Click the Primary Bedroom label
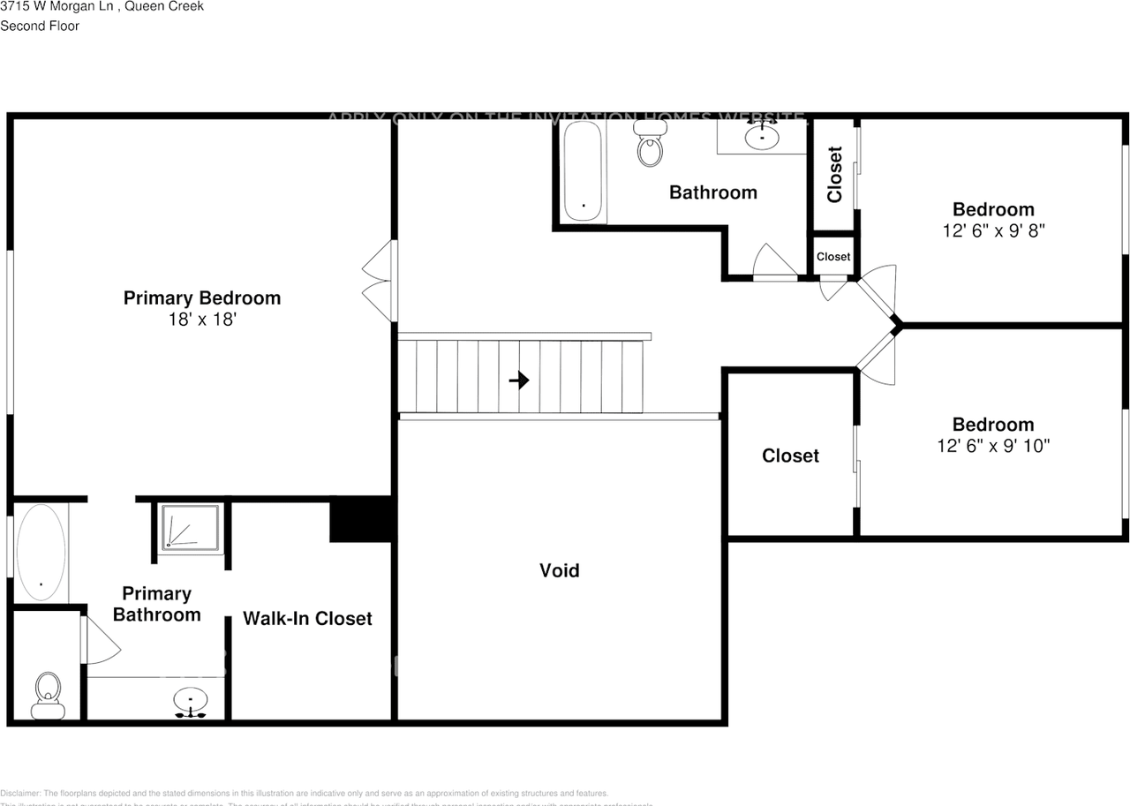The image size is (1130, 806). pos(201,298)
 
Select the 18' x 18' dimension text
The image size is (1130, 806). pos(201,320)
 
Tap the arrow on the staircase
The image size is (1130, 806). pos(519,380)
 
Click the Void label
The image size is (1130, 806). pos(560,571)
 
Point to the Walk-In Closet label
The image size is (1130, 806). pos(307,619)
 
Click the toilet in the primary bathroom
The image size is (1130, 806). pos(47,694)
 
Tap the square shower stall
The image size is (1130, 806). pos(189,529)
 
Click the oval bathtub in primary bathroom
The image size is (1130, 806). pos(41,553)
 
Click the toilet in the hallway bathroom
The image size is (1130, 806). pos(650,145)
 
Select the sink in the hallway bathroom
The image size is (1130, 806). pos(761,137)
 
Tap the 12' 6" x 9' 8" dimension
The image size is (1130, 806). pos(993,230)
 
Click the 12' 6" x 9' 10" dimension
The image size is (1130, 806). pos(993,446)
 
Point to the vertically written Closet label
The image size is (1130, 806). pos(835,175)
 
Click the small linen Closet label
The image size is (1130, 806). pos(833,257)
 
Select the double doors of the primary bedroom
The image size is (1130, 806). pos(379,281)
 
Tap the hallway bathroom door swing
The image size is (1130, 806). pos(774,263)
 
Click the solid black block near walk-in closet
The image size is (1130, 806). pos(360,519)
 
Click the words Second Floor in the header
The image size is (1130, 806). pos(40,26)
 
